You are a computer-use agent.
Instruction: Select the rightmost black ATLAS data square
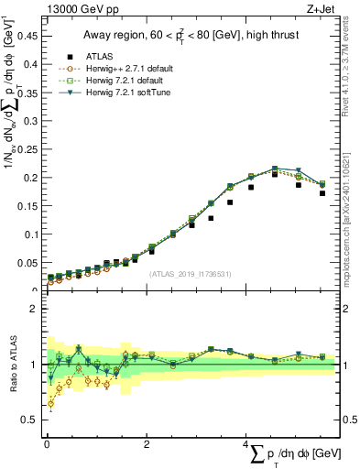coord(322,193)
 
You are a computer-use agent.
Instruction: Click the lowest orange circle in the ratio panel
coord(50,403)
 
